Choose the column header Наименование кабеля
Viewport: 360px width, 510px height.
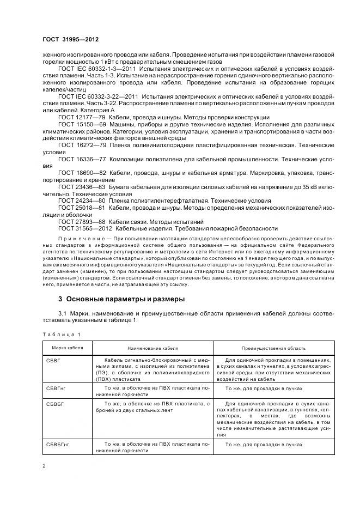coord(152,348)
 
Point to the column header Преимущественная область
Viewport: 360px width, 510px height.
coord(273,348)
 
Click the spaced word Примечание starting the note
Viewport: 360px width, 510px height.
coord(79,239)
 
